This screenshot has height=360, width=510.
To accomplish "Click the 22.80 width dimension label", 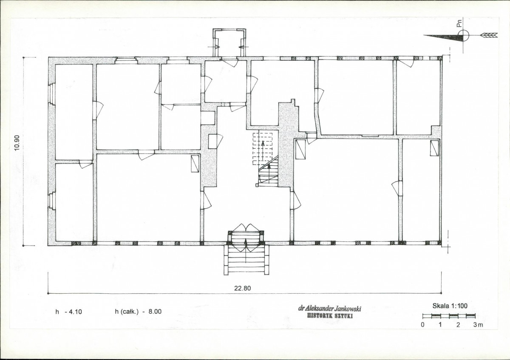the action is coord(243,288).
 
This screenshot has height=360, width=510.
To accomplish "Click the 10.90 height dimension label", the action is coord(17,143).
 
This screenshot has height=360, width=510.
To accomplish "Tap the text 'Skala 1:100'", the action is coord(450,306).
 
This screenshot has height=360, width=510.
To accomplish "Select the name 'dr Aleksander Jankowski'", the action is coord(330,308).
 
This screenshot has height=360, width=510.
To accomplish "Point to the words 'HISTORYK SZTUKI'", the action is coord(330,316).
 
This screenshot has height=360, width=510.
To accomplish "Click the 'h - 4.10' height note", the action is coord(68,312).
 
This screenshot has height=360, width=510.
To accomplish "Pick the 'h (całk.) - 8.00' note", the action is coord(138,312).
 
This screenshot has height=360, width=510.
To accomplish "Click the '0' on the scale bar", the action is coord(422,325).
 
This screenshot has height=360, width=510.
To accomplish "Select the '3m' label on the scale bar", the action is coord(478,325).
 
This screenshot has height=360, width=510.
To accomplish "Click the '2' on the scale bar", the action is coord(458,325).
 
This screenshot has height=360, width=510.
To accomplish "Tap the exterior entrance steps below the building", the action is coord(246,260).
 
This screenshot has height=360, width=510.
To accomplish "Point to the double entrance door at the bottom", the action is coord(246,238).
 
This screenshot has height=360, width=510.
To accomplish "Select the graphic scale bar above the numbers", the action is coord(449,316).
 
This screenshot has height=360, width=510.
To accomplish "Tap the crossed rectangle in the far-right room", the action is coord(434,148).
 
